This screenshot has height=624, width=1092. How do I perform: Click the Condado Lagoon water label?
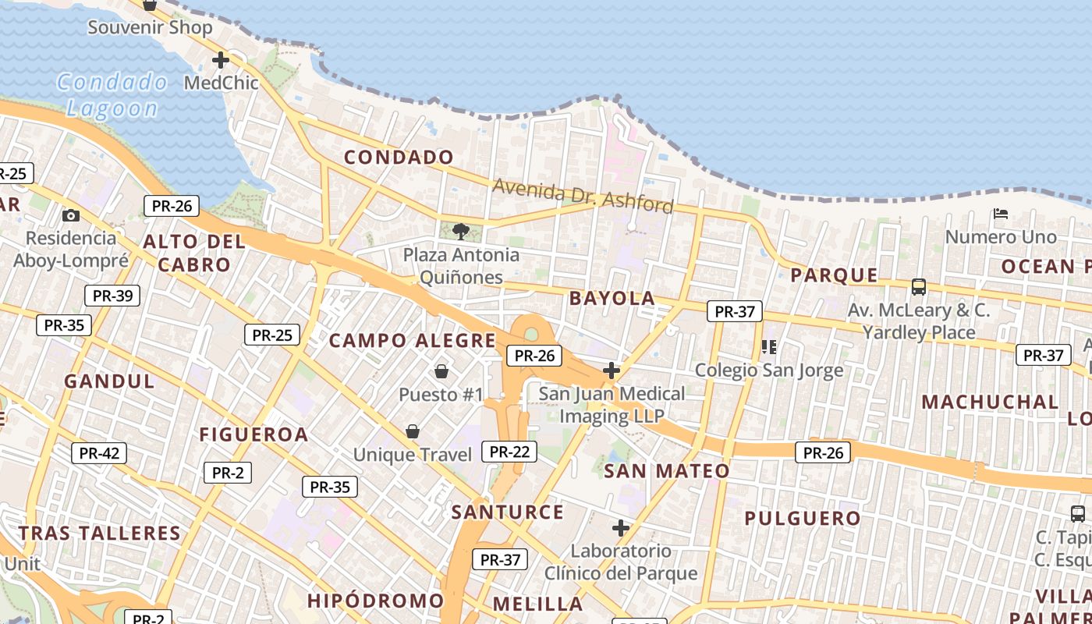click(112, 95)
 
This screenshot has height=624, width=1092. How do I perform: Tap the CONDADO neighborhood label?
click(399, 157)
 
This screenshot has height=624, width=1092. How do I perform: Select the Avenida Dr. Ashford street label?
click(583, 195)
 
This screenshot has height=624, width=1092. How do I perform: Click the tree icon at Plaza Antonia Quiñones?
click(461, 231)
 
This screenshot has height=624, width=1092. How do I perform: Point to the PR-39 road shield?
click(112, 296)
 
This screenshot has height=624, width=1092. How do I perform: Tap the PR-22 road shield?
click(510, 451)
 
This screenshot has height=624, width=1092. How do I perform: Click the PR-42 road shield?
click(99, 453)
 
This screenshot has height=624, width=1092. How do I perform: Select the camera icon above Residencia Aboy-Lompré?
click(71, 215)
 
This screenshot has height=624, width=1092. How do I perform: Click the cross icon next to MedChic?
click(221, 59)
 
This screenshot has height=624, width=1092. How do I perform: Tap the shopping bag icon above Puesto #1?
click(441, 371)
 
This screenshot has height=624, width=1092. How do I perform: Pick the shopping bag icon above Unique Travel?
click(413, 431)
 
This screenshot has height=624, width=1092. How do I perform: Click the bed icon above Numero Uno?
click(1001, 213)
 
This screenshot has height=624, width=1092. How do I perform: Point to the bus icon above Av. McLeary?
click(919, 286)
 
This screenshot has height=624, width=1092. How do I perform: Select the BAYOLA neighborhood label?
click(612, 298)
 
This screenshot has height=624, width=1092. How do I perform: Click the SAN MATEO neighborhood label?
click(667, 470)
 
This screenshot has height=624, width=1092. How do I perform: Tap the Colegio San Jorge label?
click(769, 370)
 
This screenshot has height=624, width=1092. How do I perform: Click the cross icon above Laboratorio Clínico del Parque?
click(621, 528)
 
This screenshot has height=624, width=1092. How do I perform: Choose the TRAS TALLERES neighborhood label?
click(100, 534)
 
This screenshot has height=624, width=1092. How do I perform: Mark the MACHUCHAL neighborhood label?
click(990, 402)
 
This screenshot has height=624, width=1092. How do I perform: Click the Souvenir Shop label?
click(150, 27)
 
